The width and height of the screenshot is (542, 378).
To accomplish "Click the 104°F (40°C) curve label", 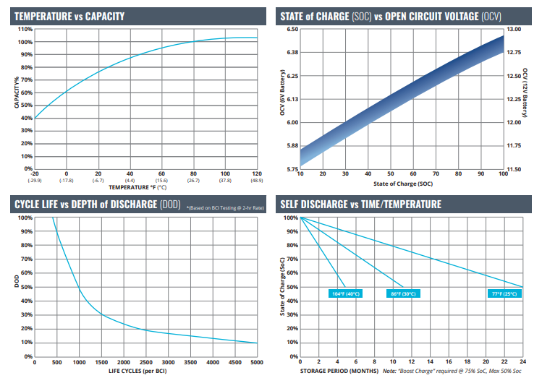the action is (x=345, y=293).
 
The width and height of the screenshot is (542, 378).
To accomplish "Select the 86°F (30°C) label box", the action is (x=403, y=293).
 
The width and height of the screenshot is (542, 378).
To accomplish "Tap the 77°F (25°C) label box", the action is (x=504, y=293).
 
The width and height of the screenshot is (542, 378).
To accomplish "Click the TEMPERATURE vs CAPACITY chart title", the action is (x=69, y=16).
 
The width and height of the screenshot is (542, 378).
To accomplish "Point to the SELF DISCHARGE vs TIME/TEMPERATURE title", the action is (x=360, y=205).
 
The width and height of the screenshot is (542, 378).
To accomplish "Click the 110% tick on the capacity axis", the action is (x=25, y=30).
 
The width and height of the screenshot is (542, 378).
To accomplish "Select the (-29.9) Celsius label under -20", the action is (x=35, y=181).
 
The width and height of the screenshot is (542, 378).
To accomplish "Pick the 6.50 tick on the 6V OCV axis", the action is (x=292, y=30).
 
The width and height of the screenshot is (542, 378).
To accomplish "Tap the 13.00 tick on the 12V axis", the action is (x=514, y=30).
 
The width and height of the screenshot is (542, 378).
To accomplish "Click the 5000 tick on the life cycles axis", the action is (x=257, y=362).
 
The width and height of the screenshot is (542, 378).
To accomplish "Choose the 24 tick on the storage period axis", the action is (x=522, y=362).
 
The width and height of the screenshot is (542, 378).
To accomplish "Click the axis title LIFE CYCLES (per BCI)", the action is (x=137, y=371).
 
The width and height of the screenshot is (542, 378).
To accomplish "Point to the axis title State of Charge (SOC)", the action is (x=403, y=184).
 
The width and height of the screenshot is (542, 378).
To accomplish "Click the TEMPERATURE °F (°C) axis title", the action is (x=137, y=187).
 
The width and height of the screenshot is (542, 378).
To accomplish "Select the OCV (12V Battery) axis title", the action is (x=525, y=93).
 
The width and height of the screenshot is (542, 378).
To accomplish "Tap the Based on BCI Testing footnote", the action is (x=225, y=208).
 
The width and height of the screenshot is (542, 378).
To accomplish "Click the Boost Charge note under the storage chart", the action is (x=452, y=371).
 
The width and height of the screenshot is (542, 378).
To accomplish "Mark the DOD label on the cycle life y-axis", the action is (x=16, y=281).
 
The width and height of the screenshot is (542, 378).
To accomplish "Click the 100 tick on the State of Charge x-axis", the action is (x=503, y=173).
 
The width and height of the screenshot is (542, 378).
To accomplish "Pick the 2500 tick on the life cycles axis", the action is (x=146, y=362).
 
